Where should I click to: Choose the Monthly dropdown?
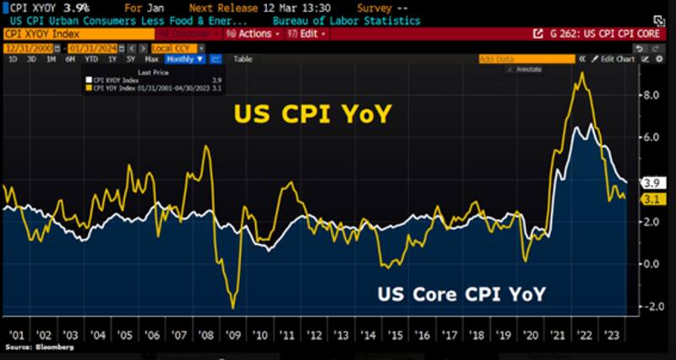(x=184, y=59)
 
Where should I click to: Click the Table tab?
(x=243, y=59)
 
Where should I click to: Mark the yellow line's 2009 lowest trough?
(x=232, y=307)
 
